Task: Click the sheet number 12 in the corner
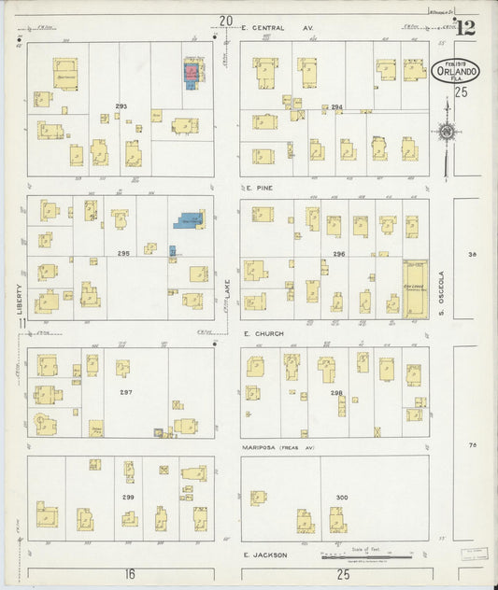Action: coord(464,27)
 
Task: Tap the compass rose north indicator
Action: coord(448,133)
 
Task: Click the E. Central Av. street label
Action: coord(277,28)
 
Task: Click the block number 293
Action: coord(121,105)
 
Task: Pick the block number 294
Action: coord(336,107)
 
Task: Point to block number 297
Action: coord(125,392)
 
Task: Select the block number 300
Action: coord(342,497)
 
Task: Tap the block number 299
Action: coord(127,497)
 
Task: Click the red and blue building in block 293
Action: coord(193,74)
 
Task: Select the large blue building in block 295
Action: coord(188,220)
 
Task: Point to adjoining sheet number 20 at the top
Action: coord(225,20)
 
